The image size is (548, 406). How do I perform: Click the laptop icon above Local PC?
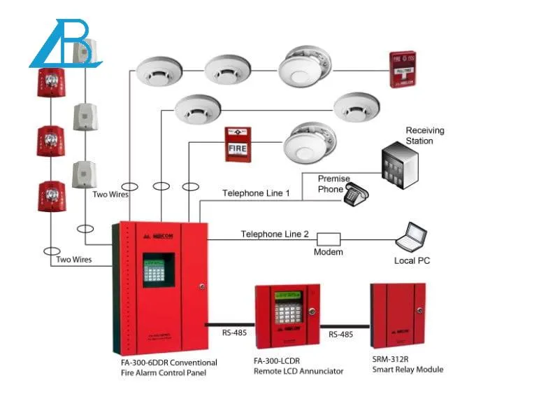pyautogui.click(x=411, y=237)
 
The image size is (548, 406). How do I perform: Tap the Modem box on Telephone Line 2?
pyautogui.click(x=329, y=239)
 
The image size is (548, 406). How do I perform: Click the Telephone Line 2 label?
pyautogui.click(x=275, y=234)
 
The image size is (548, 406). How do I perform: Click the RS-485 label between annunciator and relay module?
pyautogui.click(x=340, y=335)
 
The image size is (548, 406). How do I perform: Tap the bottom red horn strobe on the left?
pyautogui.click(x=51, y=195)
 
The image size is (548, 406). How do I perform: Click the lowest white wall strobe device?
pyautogui.click(x=85, y=174)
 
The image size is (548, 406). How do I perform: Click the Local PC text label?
pyautogui.click(x=412, y=260)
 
